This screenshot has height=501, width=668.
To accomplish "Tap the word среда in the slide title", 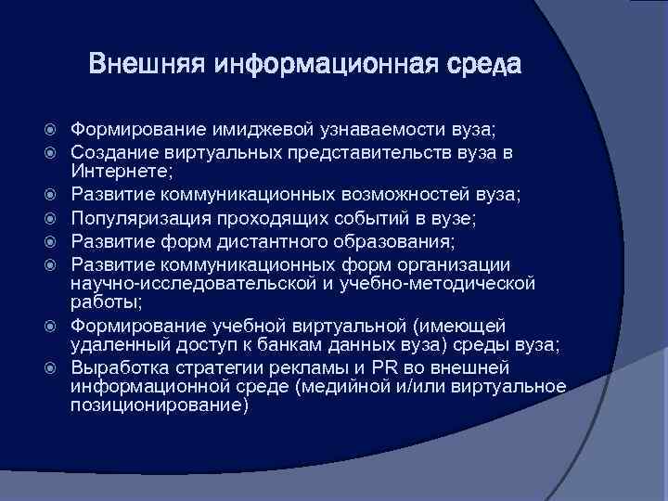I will pos(484,67).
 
